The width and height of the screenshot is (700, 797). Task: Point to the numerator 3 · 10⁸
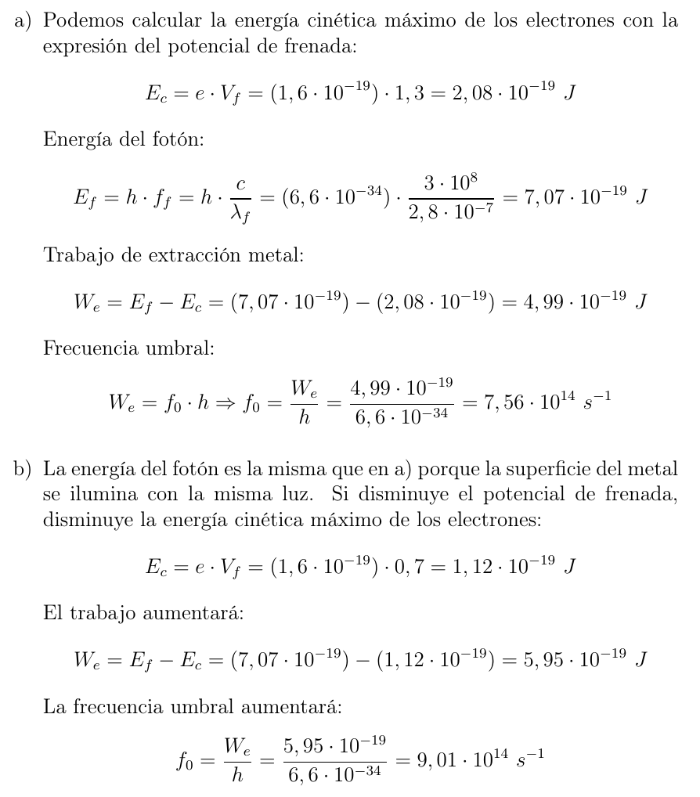tap(449, 183)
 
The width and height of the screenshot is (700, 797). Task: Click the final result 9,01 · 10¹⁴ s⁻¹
tap(480, 759)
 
